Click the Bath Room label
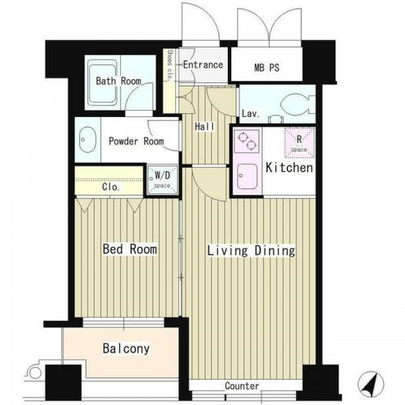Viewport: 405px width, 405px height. point(118,81)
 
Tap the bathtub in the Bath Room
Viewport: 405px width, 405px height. point(103,82)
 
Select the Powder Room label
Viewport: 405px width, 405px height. point(136,141)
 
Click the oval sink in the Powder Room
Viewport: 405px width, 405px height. point(87,140)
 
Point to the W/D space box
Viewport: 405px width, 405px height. point(163,180)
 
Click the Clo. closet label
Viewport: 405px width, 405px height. point(111,187)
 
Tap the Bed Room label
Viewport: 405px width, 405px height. point(130,249)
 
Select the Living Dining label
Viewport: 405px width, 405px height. point(251,251)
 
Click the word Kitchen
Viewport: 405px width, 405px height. point(289,168)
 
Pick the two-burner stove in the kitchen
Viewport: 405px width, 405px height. point(246,141)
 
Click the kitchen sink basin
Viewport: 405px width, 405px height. point(247,177)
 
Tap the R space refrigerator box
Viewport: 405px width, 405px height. point(299,143)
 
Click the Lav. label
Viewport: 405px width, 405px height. point(251,114)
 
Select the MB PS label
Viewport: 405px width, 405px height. point(266,68)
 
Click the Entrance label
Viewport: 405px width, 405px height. point(203,65)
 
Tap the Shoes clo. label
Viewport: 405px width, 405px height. point(170,66)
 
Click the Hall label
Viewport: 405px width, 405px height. point(204,127)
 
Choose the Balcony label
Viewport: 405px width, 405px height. point(126,349)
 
